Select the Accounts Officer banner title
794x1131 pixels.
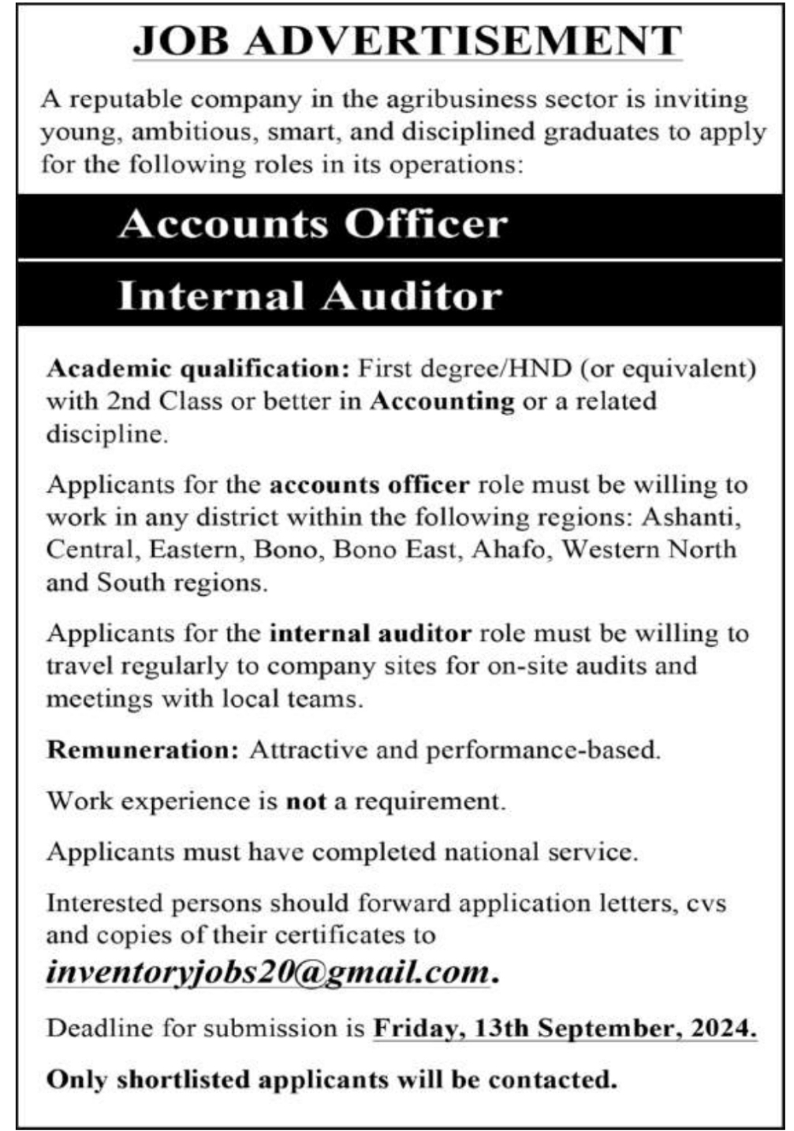tap(313, 224)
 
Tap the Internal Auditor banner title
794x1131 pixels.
tap(310, 296)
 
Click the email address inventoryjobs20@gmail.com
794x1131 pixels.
tap(268, 971)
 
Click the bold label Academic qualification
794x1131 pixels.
tap(192, 368)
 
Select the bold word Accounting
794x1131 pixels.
tap(442, 400)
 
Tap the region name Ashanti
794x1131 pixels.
tap(691, 517)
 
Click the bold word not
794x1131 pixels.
tap(306, 801)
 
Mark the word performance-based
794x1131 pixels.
tap(543, 750)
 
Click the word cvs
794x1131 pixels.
tap(706, 903)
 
